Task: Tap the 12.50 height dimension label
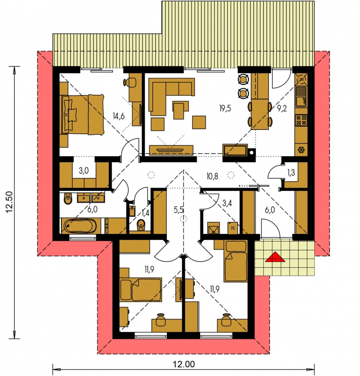coord(9,202)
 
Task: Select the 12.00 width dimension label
coord(184,364)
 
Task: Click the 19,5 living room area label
coord(225,108)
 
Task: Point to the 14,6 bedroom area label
coord(119,116)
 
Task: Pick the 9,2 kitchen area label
coord(282,108)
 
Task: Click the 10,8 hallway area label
coord(212,176)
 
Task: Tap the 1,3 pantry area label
coord(291,173)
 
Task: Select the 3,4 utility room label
coord(227,203)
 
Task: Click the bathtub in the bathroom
coord(80,226)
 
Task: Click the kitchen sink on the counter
coord(301,97)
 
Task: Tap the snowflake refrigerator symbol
coord(301,150)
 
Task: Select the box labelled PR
coord(232,228)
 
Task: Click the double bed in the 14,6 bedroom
coord(83,114)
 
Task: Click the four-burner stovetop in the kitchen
coord(301,120)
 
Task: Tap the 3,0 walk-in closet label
coord(84,171)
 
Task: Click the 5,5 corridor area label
coord(179,210)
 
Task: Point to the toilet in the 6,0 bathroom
coord(68,198)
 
